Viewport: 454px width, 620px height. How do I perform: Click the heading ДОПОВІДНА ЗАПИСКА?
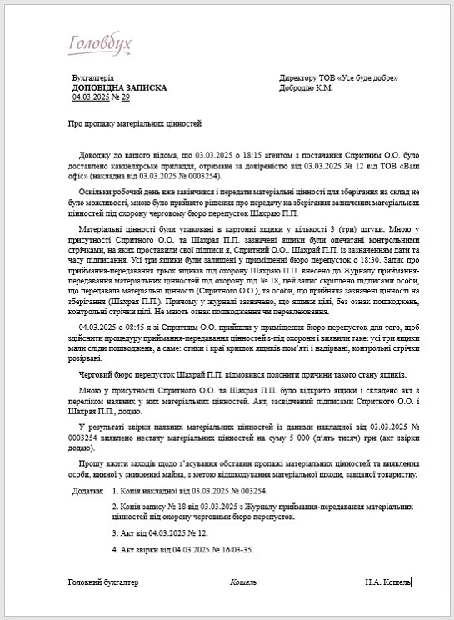(120, 87)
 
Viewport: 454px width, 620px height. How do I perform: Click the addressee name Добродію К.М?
(307, 87)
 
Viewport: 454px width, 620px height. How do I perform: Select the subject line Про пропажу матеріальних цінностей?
(135, 123)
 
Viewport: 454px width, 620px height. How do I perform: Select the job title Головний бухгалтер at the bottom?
(103, 582)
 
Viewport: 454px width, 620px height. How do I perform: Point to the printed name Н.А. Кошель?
(388, 582)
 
